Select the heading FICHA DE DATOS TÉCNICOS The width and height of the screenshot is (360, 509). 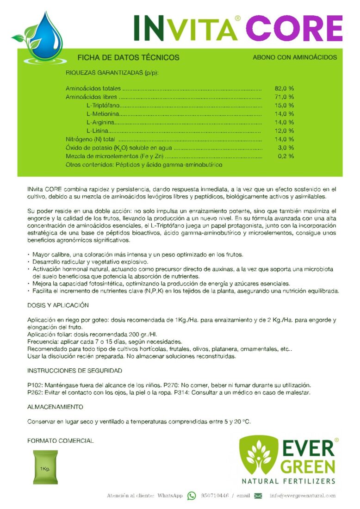[x=128, y=58]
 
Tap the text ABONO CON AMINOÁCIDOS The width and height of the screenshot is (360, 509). [x=295, y=58]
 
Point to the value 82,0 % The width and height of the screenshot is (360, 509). [x=284, y=88]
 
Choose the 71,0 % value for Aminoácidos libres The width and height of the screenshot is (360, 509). [x=284, y=97]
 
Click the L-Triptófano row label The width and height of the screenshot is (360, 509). [x=103, y=106]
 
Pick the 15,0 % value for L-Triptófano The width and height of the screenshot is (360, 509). [x=284, y=106]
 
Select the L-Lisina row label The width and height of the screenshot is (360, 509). [x=98, y=131]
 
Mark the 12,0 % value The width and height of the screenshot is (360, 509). [x=284, y=131]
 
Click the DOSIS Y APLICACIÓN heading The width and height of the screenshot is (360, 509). [x=58, y=305]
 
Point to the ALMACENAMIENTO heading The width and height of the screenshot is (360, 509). [x=56, y=407]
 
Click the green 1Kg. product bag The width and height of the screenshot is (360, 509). [x=45, y=467]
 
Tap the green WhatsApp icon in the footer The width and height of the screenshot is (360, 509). [x=192, y=496]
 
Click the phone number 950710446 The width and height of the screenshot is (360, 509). [x=215, y=496]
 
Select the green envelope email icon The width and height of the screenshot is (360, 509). [x=258, y=496]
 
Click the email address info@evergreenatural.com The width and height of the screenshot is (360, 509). [x=303, y=496]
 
